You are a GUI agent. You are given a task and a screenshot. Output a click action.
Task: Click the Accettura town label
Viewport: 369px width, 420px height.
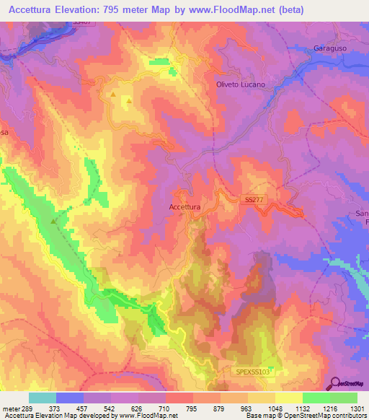pyautogui.click(x=184, y=206)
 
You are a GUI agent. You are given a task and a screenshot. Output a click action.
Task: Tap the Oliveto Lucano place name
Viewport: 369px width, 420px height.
pyautogui.click(x=241, y=84)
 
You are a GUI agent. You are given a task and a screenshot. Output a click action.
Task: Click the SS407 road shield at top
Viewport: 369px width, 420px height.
pyautogui.click(x=82, y=23)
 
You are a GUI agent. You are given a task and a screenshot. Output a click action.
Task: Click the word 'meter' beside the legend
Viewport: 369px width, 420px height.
pyautogui.click(x=10, y=408)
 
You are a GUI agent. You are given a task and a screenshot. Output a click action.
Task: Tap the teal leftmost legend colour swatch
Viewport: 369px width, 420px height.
pyautogui.click(x=43, y=398)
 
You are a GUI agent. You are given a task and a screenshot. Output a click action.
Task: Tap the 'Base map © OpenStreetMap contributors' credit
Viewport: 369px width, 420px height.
pyautogui.click(x=305, y=416)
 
